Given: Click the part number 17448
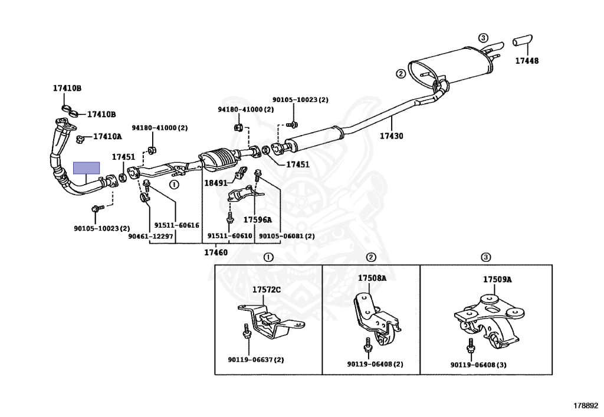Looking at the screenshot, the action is pos(527,60).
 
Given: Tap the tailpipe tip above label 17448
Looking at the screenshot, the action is pos(523,40).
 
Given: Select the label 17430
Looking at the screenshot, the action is pos(392,136).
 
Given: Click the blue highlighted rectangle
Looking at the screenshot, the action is pos(87,168).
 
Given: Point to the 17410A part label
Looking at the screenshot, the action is pos(107,136).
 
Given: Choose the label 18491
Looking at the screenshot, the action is pos(216,183).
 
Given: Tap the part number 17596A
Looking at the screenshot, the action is pos(257,220).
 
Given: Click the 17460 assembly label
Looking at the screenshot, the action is pos(216,252).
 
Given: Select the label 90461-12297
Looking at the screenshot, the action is pos(150,236).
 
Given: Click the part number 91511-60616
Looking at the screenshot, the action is pos(177,225).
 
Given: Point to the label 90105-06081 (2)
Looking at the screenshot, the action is pos(287,236).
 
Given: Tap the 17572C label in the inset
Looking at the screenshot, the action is pos(267,290).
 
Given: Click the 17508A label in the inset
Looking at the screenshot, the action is pos(372,278).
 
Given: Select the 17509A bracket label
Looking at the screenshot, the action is pos(497,280).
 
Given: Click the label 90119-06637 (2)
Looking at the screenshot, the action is pos(256,360).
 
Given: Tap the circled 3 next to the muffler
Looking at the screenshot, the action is pos(483,38).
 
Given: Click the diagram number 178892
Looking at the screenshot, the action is pos(586,405).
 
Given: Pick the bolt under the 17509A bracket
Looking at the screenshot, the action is pos(470,346).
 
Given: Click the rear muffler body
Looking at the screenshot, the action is pos(451,65).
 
